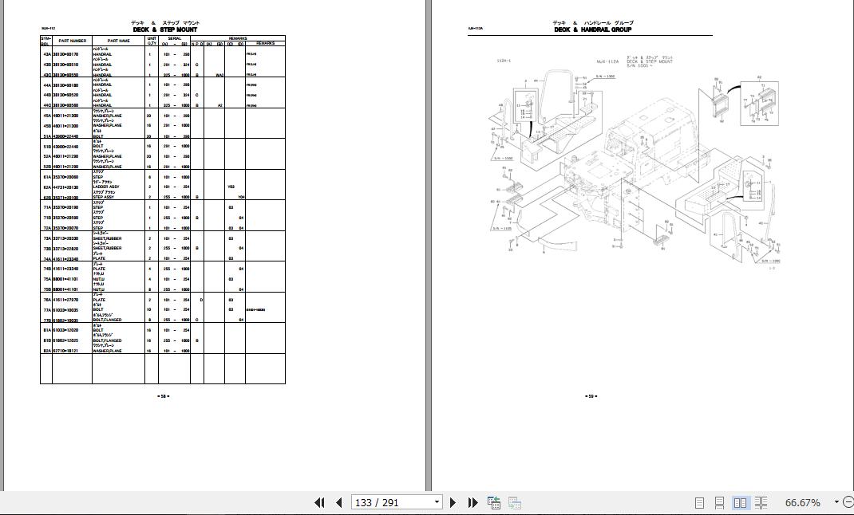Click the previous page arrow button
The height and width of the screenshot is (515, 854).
[338, 502]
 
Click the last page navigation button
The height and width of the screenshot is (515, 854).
[472, 502]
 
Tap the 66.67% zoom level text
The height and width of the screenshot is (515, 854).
[803, 502]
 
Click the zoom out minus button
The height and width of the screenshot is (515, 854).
[836, 502]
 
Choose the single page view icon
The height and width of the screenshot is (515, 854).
[700, 502]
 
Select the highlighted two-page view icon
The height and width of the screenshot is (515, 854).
[740, 502]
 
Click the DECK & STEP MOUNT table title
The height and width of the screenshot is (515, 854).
[164, 29]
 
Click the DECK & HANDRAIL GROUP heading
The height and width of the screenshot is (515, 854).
[593, 29]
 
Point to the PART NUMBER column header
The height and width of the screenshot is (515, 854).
[72, 41]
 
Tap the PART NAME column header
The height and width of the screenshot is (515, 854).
[118, 41]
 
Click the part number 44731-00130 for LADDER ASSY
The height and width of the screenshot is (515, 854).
[65, 187]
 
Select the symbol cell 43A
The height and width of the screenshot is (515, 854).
[47, 54]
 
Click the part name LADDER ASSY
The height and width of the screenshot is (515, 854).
[107, 187]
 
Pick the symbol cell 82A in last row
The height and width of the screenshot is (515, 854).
[47, 351]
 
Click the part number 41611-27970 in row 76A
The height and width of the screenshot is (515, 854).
[65, 300]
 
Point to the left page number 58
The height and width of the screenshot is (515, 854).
[163, 395]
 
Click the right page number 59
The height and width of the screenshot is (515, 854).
[591, 395]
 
